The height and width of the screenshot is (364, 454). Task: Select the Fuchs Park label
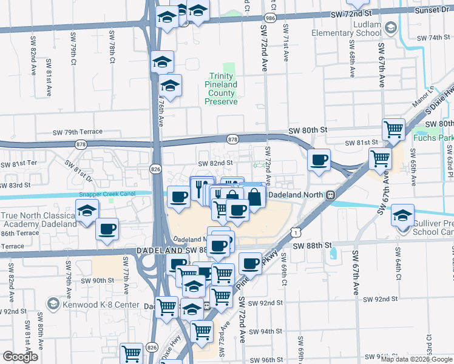click(x=433, y=137)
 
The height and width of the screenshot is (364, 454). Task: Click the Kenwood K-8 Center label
click(x=91, y=302)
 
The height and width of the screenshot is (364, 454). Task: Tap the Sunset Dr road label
click(x=432, y=10)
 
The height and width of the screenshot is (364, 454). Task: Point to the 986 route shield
click(x=269, y=19)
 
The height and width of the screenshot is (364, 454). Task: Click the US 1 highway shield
click(x=295, y=231)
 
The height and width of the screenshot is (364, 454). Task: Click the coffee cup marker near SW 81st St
click(x=319, y=160)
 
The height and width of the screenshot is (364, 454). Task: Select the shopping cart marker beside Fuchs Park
click(x=393, y=129)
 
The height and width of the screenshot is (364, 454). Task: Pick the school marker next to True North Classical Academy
click(x=87, y=211)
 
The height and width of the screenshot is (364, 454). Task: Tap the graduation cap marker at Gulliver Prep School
click(x=402, y=215)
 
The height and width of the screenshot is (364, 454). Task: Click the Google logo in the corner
click(x=20, y=357)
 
